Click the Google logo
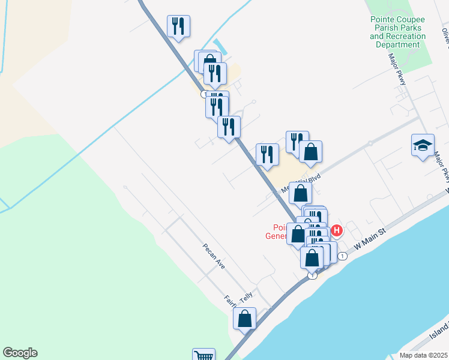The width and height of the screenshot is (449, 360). point(20,353)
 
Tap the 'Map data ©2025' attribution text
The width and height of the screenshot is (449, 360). point(424,355)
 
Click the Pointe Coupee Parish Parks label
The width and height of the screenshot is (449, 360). point(397,32)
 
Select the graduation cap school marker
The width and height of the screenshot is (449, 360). point(423,146)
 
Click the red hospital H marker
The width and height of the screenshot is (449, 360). point(337,230)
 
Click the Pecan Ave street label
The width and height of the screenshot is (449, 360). point(213,256)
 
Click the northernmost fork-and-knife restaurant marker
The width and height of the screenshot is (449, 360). point(178,26)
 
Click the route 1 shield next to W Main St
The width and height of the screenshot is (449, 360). point(342,256)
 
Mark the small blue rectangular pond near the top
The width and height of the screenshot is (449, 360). point(220,46)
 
